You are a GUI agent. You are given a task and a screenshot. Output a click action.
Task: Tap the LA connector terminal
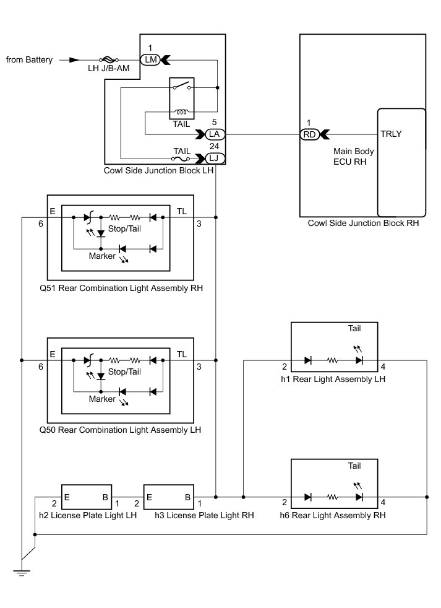point(214,134)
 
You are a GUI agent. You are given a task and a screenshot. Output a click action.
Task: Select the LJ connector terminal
point(214,159)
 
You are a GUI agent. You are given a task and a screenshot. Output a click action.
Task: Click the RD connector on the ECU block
point(309,134)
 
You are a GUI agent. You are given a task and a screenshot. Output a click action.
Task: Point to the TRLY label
point(391,134)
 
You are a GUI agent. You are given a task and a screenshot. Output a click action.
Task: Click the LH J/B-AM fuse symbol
point(109,59)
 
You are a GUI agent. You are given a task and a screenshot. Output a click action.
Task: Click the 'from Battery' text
point(29,59)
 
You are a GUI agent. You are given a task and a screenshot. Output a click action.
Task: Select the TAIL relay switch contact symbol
point(182,86)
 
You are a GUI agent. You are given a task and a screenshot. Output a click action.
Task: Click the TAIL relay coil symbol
point(182,112)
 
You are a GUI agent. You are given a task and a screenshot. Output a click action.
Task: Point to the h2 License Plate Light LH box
point(87,497)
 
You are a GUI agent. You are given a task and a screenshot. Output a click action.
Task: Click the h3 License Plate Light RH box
point(169,497)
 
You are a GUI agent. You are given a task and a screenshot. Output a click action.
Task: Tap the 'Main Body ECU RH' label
point(353,156)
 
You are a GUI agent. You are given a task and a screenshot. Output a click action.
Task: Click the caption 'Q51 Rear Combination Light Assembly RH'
point(121,288)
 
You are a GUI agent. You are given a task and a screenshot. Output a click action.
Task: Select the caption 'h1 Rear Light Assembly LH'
point(333,379)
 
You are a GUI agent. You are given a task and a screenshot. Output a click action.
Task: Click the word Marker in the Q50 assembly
point(102,399)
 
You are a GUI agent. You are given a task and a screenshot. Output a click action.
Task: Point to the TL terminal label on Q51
point(182,211)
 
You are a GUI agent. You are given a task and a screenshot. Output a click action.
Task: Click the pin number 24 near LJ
point(214,146)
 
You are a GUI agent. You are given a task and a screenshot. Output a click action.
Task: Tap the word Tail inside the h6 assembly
point(354,466)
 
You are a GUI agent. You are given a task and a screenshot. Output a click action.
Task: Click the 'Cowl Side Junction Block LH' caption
point(158,171)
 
